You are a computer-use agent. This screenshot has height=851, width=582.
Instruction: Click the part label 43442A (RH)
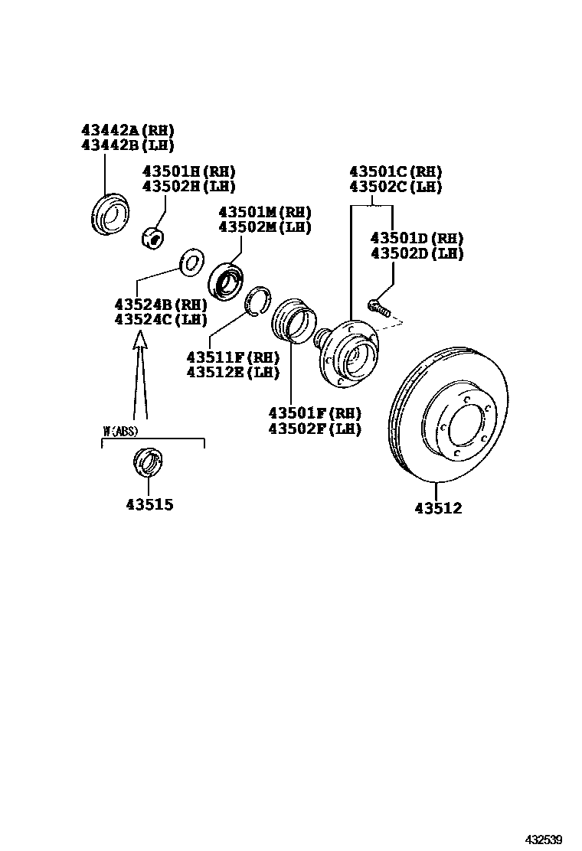coord(128,130)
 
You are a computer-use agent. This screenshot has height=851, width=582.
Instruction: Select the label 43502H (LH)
coord(189,186)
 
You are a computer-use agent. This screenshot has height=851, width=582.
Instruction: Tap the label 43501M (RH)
coord(265,212)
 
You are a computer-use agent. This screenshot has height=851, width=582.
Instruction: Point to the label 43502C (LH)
coord(395,187)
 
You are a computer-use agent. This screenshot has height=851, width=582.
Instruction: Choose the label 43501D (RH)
coord(417,238)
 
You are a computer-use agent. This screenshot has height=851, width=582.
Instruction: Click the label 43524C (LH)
coord(161,319)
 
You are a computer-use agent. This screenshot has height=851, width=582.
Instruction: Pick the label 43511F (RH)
coord(233,357)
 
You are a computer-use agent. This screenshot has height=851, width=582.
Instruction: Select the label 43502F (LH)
coord(315,429)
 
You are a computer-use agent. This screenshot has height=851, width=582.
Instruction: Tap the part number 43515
coord(150,505)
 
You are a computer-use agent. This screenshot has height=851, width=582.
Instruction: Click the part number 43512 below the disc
coord(439,509)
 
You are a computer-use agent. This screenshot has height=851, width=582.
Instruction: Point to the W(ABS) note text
coord(120,432)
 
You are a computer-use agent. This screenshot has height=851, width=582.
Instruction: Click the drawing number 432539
coord(543,839)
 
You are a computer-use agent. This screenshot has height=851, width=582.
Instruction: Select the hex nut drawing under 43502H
coord(154,238)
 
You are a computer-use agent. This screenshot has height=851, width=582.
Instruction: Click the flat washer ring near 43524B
coord(191,262)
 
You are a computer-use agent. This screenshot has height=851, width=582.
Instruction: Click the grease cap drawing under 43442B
coord(110,214)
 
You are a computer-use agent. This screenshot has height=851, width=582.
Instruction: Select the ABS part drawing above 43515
coord(147,462)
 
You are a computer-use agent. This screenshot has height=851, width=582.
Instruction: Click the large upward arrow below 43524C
coord(140,375)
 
